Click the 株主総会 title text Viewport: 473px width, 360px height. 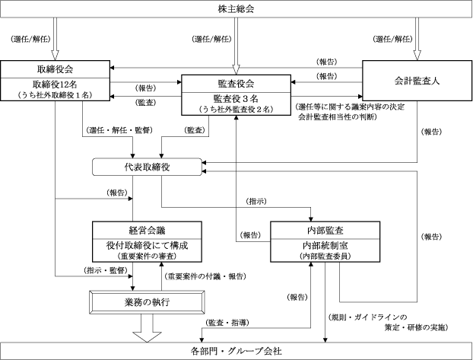click(x=236, y=9)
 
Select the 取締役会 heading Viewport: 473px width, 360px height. click(x=55, y=69)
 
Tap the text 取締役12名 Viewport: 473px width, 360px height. click(x=55, y=84)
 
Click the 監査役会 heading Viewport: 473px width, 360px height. click(x=236, y=84)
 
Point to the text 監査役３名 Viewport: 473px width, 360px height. click(x=236, y=98)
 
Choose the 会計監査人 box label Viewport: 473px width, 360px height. click(x=417, y=81)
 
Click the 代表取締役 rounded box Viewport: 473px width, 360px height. click(x=147, y=167)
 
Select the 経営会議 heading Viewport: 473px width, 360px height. click(x=147, y=231)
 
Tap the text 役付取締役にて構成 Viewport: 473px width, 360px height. click(x=147, y=245)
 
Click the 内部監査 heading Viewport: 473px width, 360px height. click(x=325, y=231)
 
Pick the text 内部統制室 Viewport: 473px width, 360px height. click(x=325, y=245)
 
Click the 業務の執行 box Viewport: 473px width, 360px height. click(x=147, y=302)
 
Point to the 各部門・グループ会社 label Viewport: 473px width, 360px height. click(x=236, y=351)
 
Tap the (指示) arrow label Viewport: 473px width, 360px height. click(x=256, y=201)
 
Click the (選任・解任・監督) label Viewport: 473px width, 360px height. click(x=119, y=130)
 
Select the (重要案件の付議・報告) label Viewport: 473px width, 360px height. click(x=205, y=276)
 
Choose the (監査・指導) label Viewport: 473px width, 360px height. click(x=227, y=323)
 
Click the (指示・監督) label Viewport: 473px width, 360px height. click(x=106, y=270)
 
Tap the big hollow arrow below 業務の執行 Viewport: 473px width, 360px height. click(x=147, y=328)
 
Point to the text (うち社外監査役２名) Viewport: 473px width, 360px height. click(x=236, y=109)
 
